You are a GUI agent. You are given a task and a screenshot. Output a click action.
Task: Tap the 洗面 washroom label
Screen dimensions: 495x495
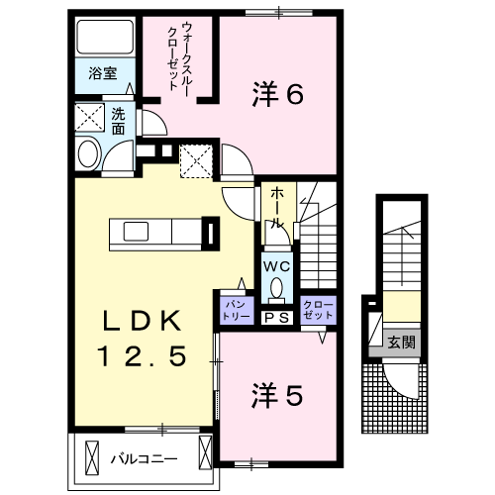click(x=118, y=121)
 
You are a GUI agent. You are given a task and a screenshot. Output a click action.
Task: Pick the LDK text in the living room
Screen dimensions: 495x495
click(x=143, y=322)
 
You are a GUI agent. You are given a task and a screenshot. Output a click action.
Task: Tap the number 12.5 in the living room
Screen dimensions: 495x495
click(x=142, y=355)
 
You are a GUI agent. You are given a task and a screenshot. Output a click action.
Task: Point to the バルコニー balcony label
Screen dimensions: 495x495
click(x=143, y=458)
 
